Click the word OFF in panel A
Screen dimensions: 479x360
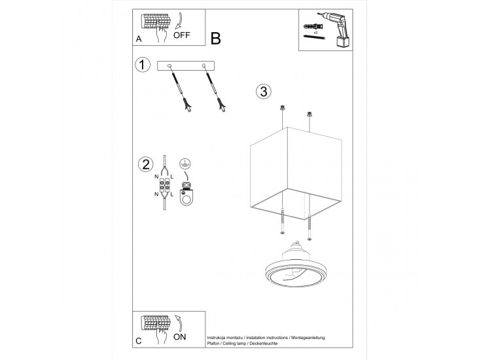click(181, 35)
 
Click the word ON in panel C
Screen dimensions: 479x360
click(179, 337)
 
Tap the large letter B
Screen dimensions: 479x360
click(215, 39)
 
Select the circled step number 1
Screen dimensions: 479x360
click(143, 65)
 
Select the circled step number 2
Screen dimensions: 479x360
click(146, 164)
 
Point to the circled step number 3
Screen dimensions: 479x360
click(264, 91)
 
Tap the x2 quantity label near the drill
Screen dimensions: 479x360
click(315, 32)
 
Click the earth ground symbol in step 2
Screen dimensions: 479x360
click(183, 164)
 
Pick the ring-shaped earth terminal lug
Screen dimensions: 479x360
click(186, 197)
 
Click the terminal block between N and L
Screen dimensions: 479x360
click(164, 185)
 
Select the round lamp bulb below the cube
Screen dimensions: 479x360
click(296, 264)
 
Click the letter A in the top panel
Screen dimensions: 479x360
click(139, 39)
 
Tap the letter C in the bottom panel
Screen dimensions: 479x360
click(139, 341)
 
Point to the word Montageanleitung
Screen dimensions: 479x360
click(308, 338)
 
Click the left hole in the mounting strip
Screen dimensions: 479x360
click(169, 65)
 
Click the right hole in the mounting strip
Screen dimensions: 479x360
click(204, 65)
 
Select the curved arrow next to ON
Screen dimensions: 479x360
click(179, 323)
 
